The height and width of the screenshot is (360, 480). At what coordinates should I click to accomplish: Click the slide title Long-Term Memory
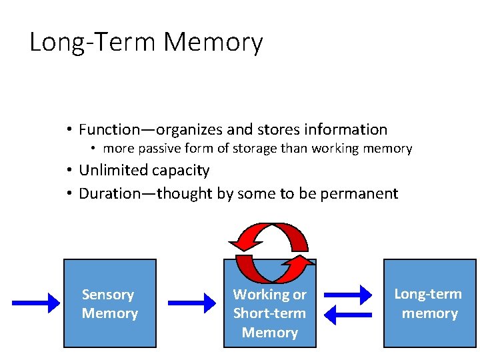click(146, 43)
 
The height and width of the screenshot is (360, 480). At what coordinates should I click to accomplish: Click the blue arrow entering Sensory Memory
click(36, 304)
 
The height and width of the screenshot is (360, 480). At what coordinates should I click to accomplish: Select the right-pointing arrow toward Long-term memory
click(349, 294)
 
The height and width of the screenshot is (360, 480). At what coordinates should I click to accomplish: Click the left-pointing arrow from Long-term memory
click(349, 315)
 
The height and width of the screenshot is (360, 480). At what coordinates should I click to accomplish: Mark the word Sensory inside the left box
click(108, 294)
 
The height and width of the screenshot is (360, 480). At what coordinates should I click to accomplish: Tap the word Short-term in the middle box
click(269, 313)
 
